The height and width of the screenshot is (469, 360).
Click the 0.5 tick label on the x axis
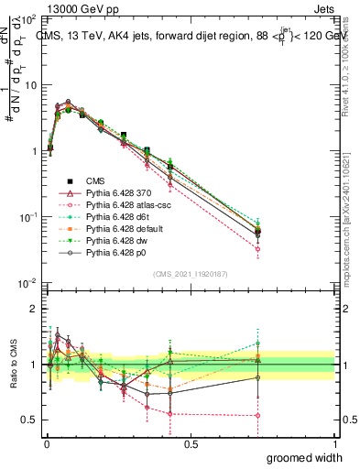tap(191, 443)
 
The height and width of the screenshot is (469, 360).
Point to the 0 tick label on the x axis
tap(48, 443)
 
